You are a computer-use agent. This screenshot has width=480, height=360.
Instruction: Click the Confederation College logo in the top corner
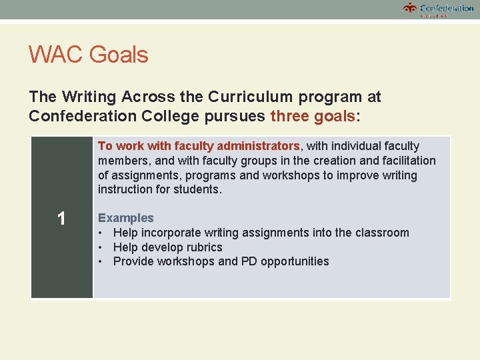point(438,9)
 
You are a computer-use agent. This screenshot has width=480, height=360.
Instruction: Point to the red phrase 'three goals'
point(313,116)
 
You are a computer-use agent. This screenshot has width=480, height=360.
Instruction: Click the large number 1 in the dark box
point(61,218)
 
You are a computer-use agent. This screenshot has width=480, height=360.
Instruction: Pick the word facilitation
point(403,161)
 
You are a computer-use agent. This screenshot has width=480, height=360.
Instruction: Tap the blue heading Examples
point(126,218)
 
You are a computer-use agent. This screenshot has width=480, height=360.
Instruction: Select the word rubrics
point(201,247)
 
